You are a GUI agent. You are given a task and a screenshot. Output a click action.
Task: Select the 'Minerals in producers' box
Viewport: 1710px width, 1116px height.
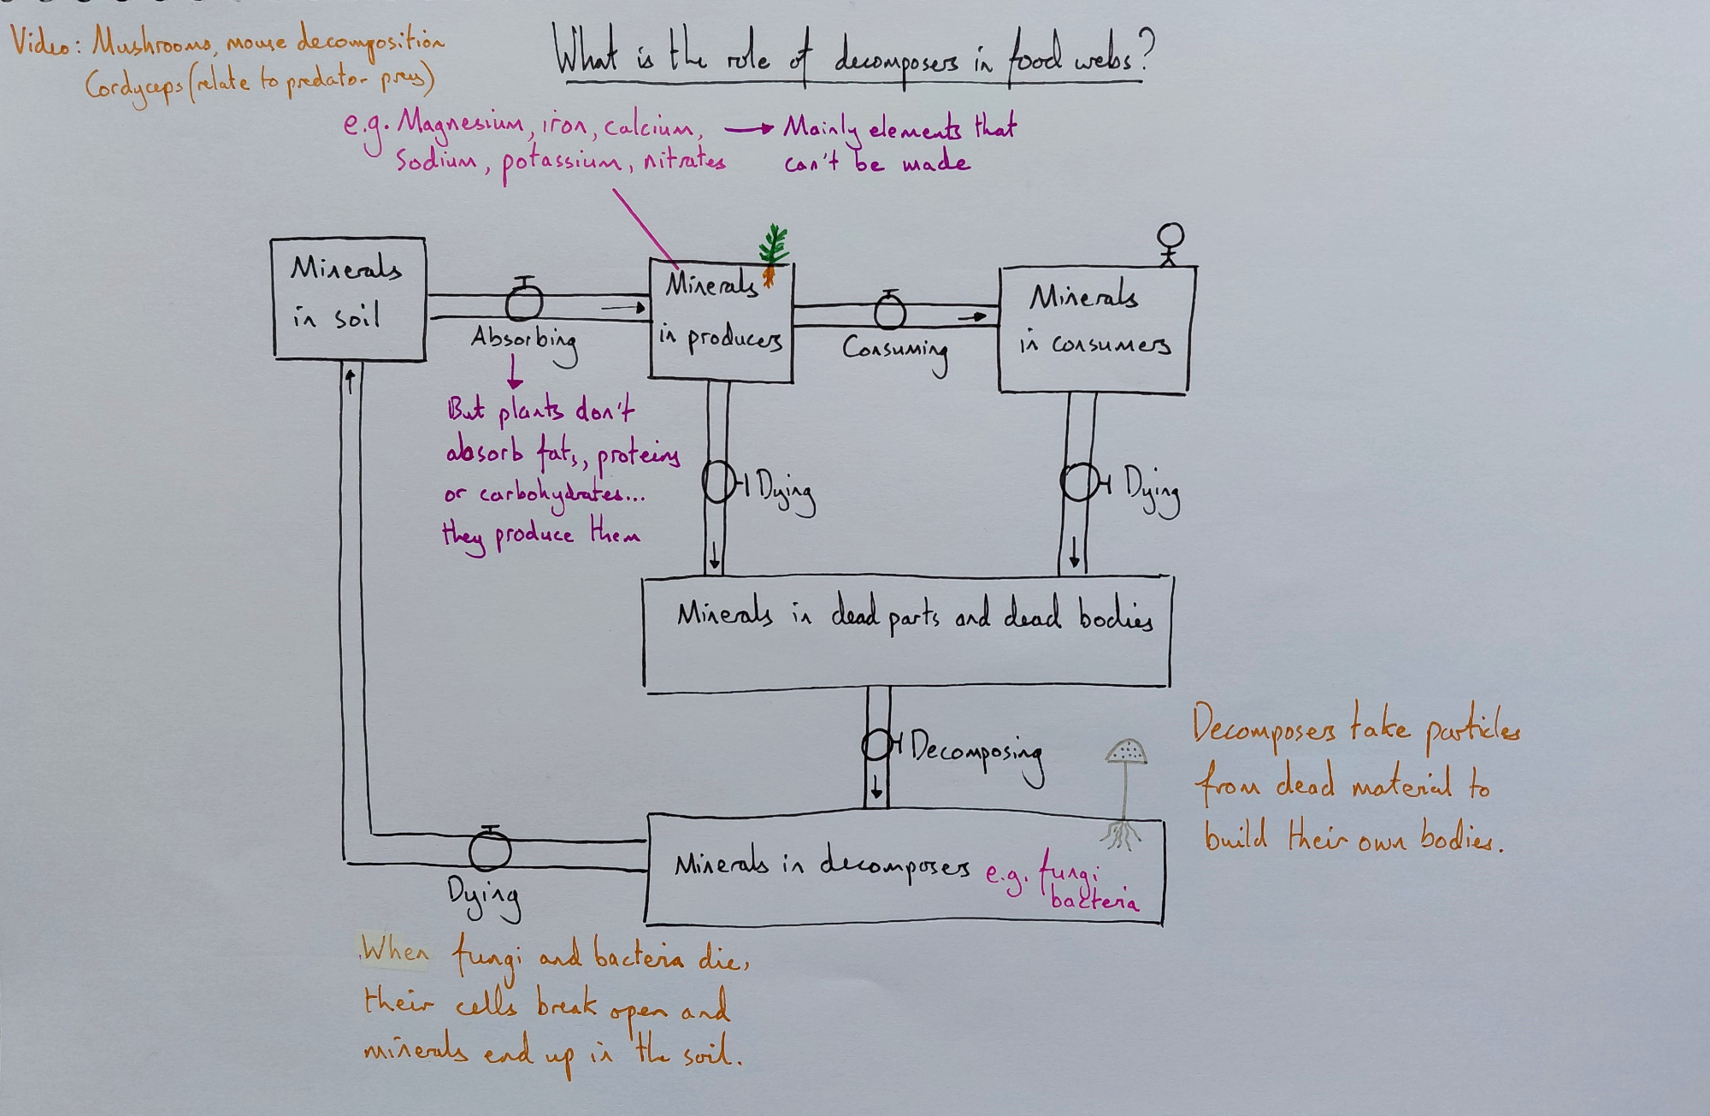722,321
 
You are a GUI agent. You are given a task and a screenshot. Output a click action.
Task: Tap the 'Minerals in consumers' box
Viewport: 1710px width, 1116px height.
1095,329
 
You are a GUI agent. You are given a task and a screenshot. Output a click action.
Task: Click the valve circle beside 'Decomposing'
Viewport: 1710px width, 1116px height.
877,744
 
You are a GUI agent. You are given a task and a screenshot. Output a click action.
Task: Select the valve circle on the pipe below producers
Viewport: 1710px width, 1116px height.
718,483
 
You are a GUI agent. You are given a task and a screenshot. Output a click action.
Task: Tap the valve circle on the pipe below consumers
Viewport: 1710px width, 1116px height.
1078,482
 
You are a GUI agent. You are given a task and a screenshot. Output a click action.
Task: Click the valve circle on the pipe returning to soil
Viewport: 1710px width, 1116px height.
490,850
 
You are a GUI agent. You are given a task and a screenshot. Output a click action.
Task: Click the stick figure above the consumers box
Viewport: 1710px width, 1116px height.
1170,243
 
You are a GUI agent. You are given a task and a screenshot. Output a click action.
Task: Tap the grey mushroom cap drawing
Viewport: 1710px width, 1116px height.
1126,753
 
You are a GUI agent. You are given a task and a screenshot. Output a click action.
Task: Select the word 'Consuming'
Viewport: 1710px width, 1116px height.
895,351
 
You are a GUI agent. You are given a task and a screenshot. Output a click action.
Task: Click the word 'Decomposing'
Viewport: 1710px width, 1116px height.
976,753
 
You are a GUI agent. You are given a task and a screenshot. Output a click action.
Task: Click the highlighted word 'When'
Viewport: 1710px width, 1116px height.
394,950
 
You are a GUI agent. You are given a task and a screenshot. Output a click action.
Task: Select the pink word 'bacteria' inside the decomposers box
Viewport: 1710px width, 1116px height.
1094,900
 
